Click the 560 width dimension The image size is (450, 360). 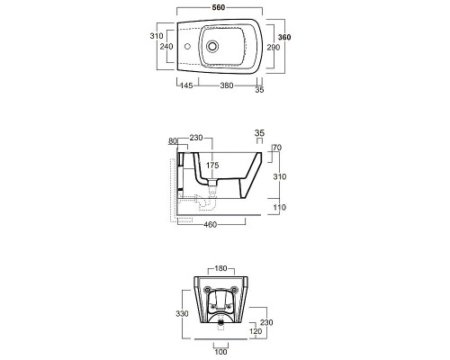(x=219, y=7)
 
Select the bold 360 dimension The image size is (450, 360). (x=284, y=37)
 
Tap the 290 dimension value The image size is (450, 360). (x=274, y=48)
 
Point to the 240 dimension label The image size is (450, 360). (x=166, y=47)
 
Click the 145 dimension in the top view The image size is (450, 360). (x=186, y=85)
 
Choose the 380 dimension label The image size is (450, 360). (x=227, y=85)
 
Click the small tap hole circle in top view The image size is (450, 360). (x=187, y=47)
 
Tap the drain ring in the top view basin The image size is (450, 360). (x=212, y=47)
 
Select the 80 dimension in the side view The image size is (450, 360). (x=173, y=141)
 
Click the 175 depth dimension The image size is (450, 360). (x=212, y=165)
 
